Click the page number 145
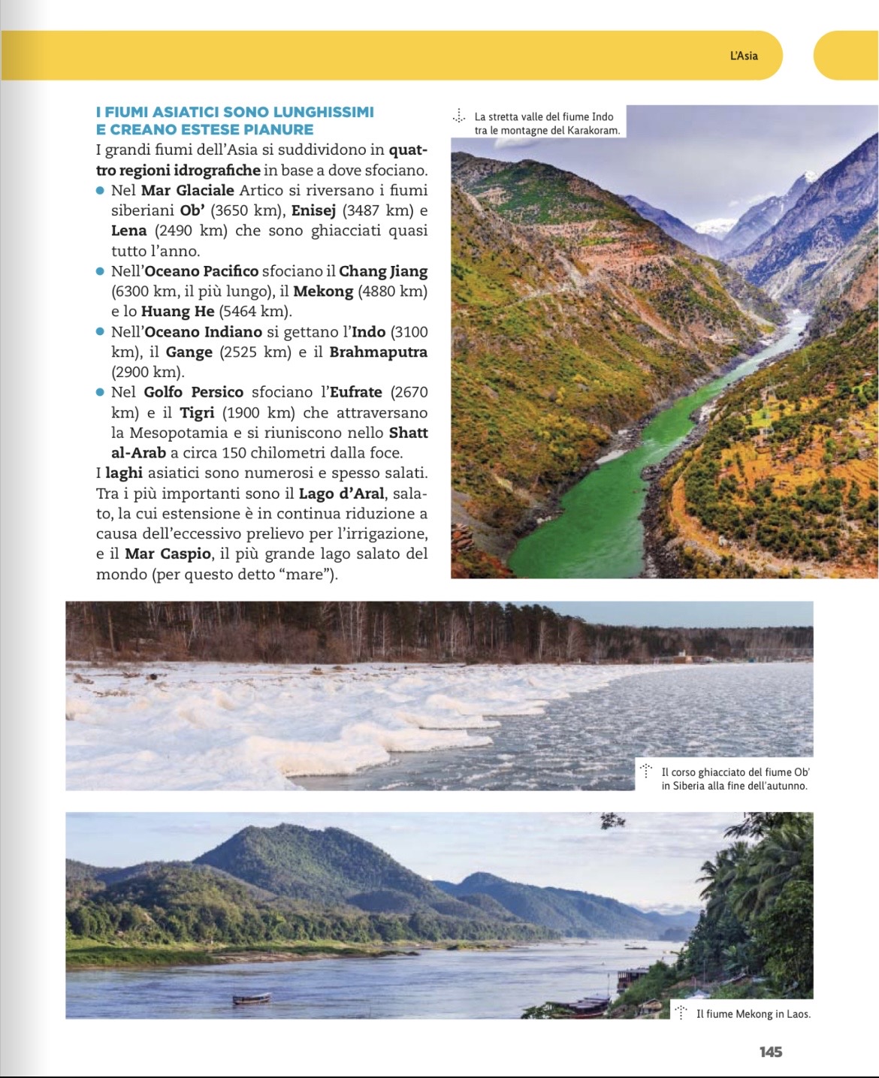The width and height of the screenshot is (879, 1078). pyautogui.click(x=770, y=1052)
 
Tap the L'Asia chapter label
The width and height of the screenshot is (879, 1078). pyautogui.click(x=744, y=56)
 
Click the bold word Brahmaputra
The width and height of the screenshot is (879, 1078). pyautogui.click(x=378, y=352)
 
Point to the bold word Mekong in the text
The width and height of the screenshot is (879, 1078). pyautogui.click(x=323, y=291)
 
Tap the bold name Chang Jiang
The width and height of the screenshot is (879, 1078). pyautogui.click(x=383, y=271)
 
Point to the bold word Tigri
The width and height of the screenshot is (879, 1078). pyautogui.click(x=197, y=413)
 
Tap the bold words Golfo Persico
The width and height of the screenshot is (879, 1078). pyautogui.click(x=194, y=392)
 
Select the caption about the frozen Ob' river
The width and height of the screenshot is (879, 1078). pyautogui.click(x=735, y=779)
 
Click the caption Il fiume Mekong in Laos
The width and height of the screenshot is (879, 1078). pyautogui.click(x=753, y=1014)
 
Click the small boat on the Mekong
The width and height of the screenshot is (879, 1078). pyautogui.click(x=252, y=998)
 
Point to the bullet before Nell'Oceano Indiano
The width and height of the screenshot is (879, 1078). pyautogui.click(x=101, y=332)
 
